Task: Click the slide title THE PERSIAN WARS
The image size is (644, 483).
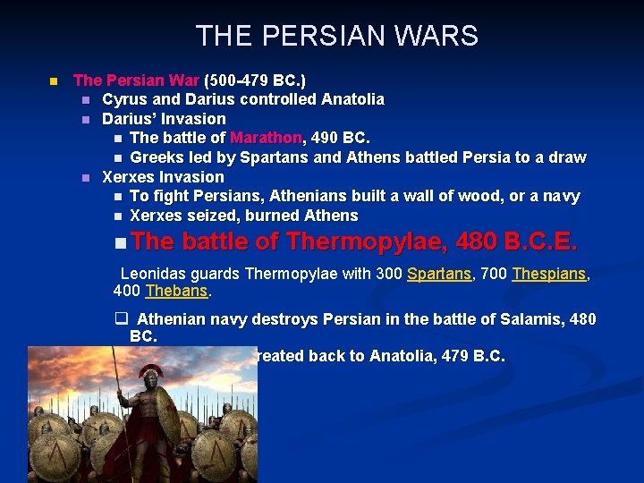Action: [336, 37]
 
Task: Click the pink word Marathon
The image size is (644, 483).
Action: [267, 138]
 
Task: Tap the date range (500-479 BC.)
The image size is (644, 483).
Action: [255, 80]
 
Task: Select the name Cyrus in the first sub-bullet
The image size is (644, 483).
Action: [123, 99]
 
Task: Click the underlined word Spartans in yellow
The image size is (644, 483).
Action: [438, 275]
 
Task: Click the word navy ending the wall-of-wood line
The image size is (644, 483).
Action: [560, 196]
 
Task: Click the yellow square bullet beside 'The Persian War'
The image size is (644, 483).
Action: [54, 80]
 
